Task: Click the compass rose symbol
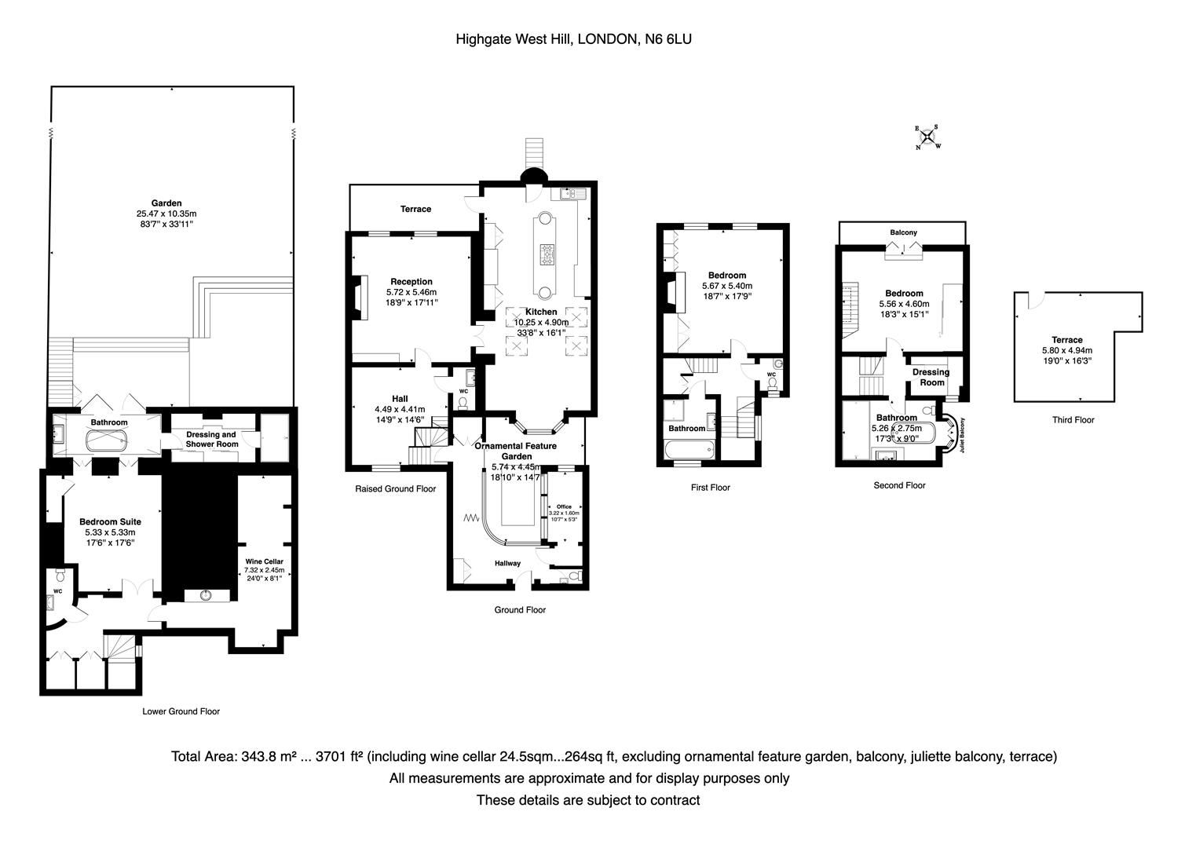tap(927, 137)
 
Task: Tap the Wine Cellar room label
tap(264, 561)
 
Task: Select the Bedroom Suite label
tap(110, 521)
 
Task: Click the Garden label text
tap(166, 203)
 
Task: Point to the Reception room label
tap(411, 282)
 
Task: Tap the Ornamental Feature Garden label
tap(516, 451)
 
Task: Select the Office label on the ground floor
tap(564, 506)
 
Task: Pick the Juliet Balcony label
tap(962, 436)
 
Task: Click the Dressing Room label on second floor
tap(931, 377)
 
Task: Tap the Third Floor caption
tap(1073, 420)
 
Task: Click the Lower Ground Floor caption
tap(181, 711)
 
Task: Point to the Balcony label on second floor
tap(903, 232)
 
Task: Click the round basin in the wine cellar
tap(207, 594)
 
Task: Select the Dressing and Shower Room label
tap(210, 439)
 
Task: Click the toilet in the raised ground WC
tap(463, 403)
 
